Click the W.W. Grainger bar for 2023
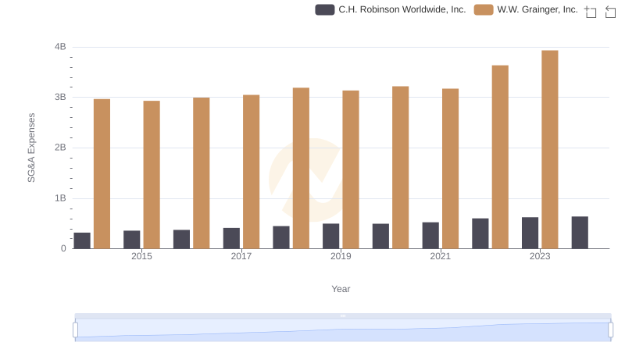pos(550,149)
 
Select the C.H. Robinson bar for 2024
pos(580,233)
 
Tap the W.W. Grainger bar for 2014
pos(102,173)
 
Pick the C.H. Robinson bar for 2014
pos(82,241)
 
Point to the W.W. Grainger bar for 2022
pos(500,157)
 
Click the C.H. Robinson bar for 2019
pos(331,236)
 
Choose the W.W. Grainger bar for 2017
pos(251,172)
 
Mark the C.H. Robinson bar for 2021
pos(430,235)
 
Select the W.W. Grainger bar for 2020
pos(400,167)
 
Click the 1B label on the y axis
pos(60,198)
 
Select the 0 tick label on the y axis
pos(63,248)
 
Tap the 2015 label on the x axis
pos(141,256)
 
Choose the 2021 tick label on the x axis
pos(440,256)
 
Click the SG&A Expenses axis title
pos(32,148)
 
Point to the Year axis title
pos(341,289)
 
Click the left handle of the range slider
pos(76,330)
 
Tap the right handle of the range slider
pos(611,330)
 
